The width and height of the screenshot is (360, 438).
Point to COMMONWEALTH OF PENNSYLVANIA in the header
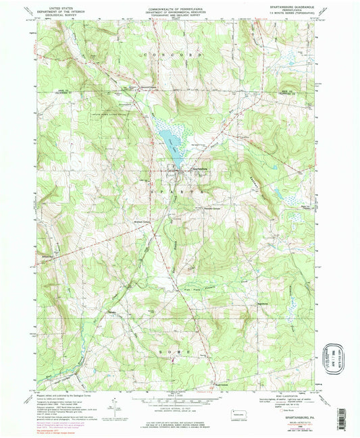pos(180,4)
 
